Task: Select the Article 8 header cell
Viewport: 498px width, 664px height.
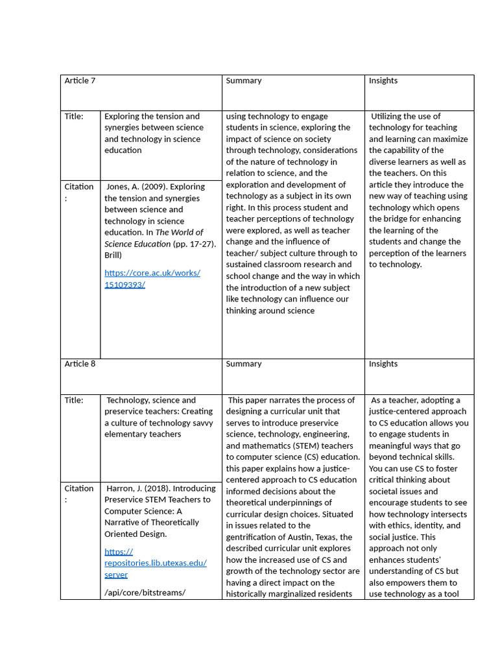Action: point(80,364)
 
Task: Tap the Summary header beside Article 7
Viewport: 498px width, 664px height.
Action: point(244,81)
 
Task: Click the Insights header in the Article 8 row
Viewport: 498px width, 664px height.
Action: point(383,364)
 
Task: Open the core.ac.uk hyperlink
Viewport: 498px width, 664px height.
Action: point(152,279)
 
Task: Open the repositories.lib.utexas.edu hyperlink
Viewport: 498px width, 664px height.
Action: point(156,563)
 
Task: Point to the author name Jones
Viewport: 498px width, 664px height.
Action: point(119,187)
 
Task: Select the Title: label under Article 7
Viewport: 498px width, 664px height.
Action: point(74,117)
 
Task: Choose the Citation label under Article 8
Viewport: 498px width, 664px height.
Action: point(78,488)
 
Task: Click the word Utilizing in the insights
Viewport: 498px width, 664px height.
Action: point(388,117)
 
